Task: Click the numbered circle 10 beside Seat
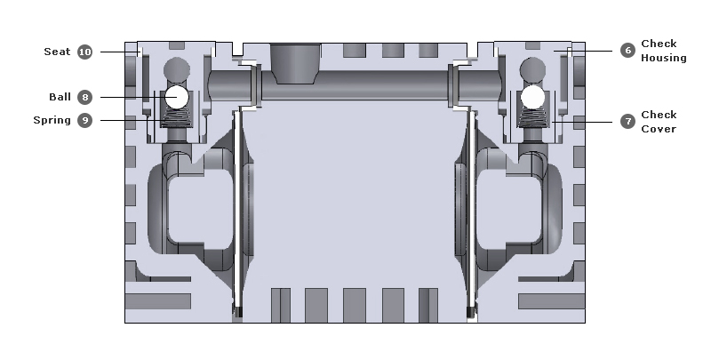[84, 52]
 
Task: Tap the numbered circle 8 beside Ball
[84, 96]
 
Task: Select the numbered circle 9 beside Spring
[84, 120]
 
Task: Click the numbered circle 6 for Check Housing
[627, 51]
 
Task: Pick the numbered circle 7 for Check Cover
[627, 121]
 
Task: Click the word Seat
[57, 52]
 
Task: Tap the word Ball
[60, 96]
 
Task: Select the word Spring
[52, 120]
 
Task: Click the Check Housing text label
[663, 51]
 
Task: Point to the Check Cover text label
[659, 122]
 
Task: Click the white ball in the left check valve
[176, 96]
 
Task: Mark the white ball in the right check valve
[532, 96]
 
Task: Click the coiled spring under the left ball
[176, 116]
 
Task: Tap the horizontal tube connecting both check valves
[355, 85]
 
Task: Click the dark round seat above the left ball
[176, 68]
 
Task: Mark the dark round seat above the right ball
[532, 68]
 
